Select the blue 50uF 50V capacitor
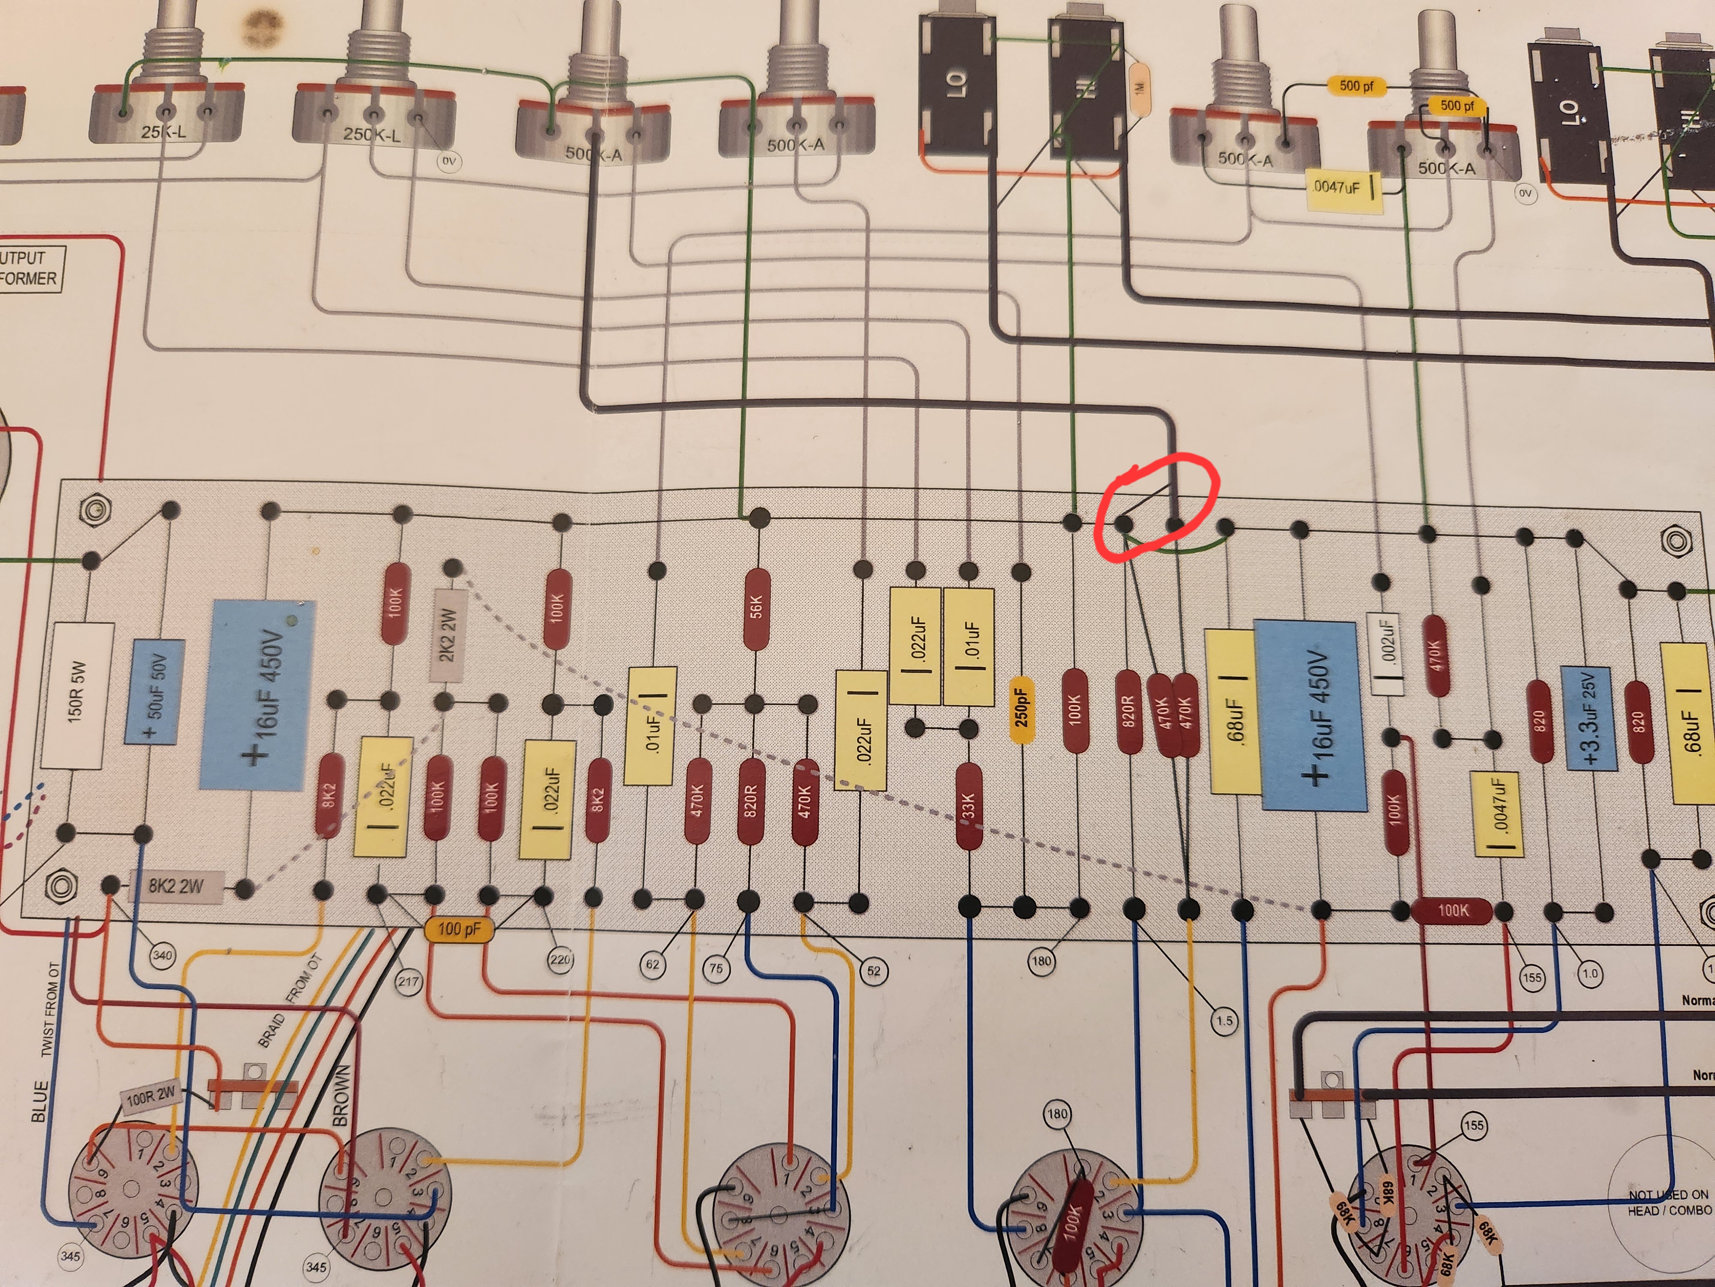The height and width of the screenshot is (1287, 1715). click(x=155, y=690)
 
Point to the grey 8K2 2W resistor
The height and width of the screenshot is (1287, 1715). click(x=177, y=886)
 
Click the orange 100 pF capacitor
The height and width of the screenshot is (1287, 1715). click(x=459, y=929)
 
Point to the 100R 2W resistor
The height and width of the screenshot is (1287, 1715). click(x=152, y=1096)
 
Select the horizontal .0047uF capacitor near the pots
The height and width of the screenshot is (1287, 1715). click(x=1344, y=188)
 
